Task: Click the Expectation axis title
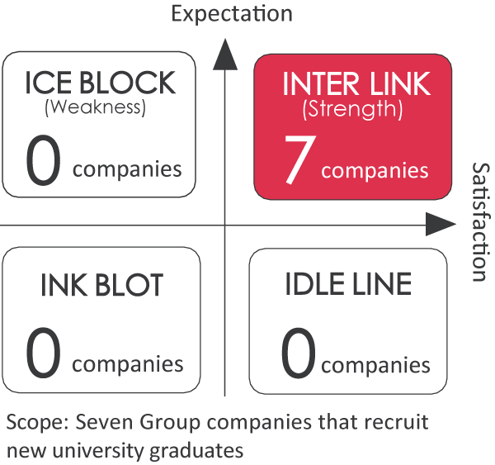pos(231,13)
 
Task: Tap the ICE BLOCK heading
pos(100,83)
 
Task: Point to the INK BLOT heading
pos(101,285)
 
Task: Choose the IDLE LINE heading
pos(347,285)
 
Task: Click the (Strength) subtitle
pos(352,107)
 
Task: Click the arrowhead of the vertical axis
pos(225,52)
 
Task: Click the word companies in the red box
pos(375,172)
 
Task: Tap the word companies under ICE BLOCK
pos(127,170)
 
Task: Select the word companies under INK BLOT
pos(133,364)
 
